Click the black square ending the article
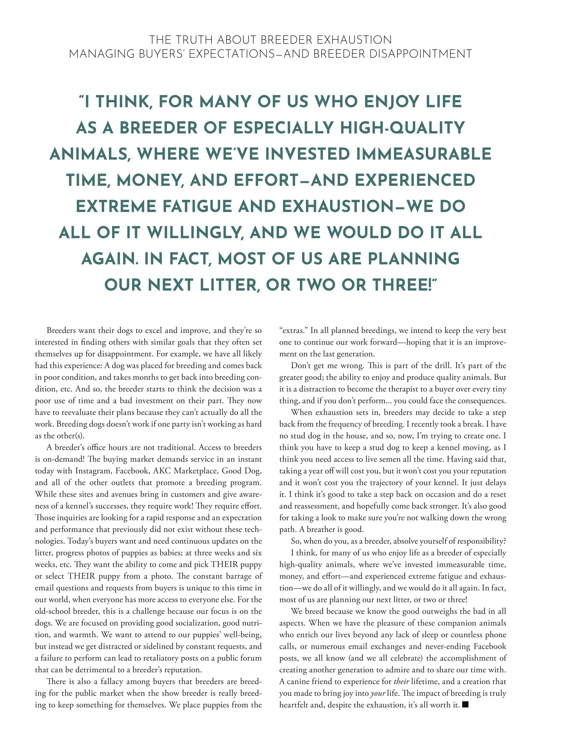[x=465, y=705]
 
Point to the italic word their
[x=401, y=681]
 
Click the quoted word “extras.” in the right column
[x=293, y=331]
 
